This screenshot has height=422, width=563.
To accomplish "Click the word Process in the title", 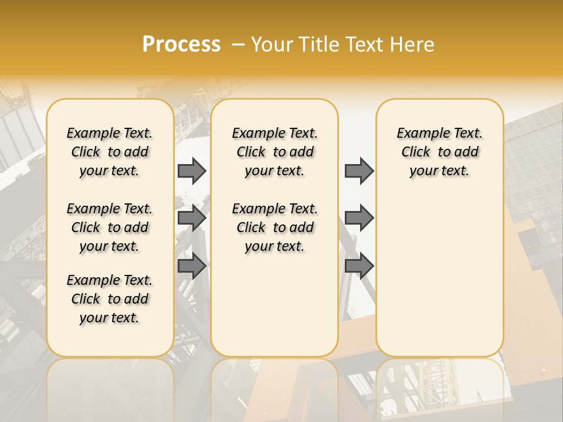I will point(181,45).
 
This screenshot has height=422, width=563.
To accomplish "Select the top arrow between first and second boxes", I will point(192,171).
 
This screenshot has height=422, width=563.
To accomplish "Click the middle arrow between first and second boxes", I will point(192,219).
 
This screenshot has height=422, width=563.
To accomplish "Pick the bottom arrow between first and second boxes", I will point(192,266).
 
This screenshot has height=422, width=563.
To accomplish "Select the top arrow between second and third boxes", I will point(359,171).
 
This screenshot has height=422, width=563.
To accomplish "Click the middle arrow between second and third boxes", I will point(359,219).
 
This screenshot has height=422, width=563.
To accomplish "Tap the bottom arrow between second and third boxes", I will point(359,266).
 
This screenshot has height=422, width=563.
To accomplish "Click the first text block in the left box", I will point(110,152).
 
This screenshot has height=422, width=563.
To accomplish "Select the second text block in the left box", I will point(110,227).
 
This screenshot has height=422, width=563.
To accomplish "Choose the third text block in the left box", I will point(110,299).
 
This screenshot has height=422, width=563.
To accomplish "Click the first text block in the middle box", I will point(275,152).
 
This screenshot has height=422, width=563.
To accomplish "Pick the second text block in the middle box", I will point(275,227).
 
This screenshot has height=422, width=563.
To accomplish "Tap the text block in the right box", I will point(440,152).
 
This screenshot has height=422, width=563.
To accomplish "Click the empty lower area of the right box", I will point(440,275).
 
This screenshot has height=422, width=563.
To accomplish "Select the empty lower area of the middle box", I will point(274,305).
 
